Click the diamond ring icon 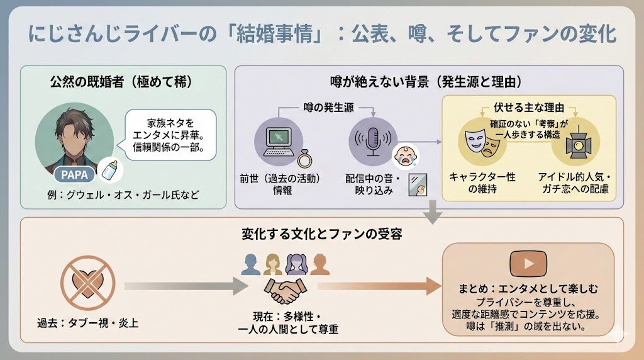coord(303,157)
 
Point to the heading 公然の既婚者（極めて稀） coord(123,81)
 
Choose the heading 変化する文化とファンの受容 coord(322,233)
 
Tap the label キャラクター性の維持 coord(482,183)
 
